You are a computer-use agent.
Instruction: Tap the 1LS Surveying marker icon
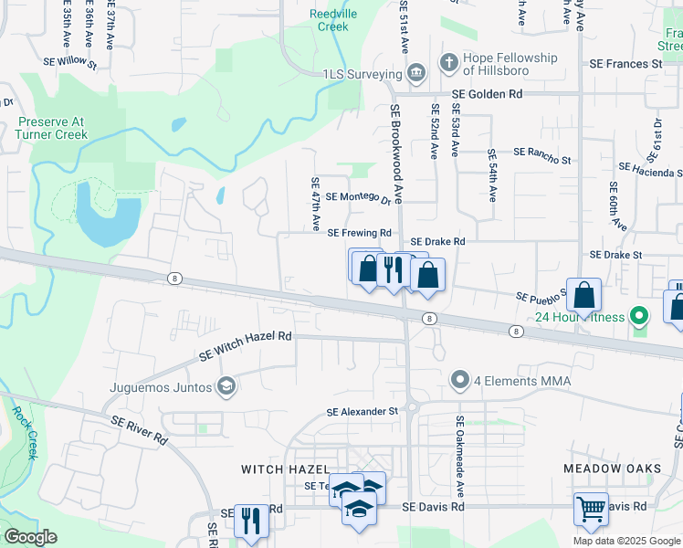click(x=416, y=73)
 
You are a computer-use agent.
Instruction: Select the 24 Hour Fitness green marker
click(x=640, y=317)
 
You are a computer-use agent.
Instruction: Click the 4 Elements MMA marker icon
click(x=460, y=380)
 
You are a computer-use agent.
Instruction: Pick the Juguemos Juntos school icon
click(x=225, y=387)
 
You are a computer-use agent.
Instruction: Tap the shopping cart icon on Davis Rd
click(x=591, y=508)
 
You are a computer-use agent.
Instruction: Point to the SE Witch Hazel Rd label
click(x=246, y=336)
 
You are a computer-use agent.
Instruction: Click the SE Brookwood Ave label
click(x=396, y=153)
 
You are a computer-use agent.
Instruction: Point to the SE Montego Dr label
click(x=358, y=196)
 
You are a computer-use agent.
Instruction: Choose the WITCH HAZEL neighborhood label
click(x=278, y=469)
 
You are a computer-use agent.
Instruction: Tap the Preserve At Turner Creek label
click(x=52, y=128)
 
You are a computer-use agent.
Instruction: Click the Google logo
click(x=31, y=536)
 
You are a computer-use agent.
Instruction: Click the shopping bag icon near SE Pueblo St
click(x=583, y=296)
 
